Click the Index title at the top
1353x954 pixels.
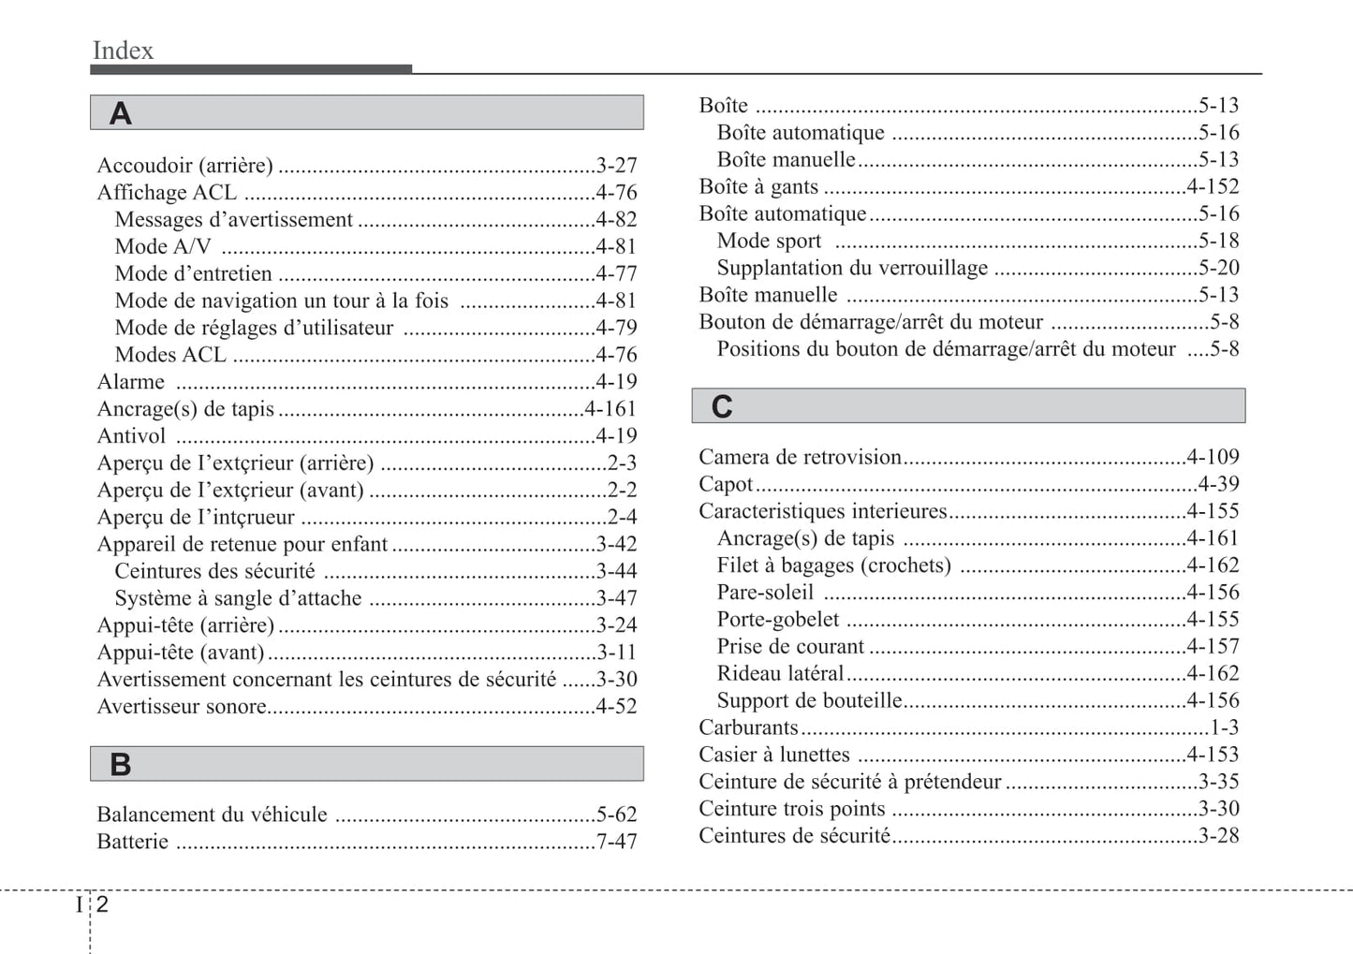(x=123, y=51)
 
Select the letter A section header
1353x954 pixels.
(x=121, y=113)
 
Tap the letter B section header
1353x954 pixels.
(x=121, y=765)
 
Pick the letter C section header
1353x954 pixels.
(x=722, y=406)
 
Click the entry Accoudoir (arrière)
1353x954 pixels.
(x=185, y=166)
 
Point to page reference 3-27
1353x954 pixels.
(x=616, y=166)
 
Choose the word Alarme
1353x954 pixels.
(x=131, y=382)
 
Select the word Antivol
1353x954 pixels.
(x=132, y=436)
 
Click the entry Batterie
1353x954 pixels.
(x=133, y=842)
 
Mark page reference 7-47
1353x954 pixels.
(x=616, y=842)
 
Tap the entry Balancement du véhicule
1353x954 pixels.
(x=213, y=815)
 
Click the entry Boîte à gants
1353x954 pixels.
(x=758, y=187)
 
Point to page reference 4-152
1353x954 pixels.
(x=1213, y=187)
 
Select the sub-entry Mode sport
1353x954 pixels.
(x=769, y=242)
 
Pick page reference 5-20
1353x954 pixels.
(x=1218, y=268)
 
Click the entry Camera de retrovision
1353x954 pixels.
(x=800, y=457)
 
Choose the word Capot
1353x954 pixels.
(x=726, y=484)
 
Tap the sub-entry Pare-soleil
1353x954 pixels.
(x=765, y=593)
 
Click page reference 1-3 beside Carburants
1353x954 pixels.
(x=1224, y=727)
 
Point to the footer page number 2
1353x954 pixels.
(x=102, y=903)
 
